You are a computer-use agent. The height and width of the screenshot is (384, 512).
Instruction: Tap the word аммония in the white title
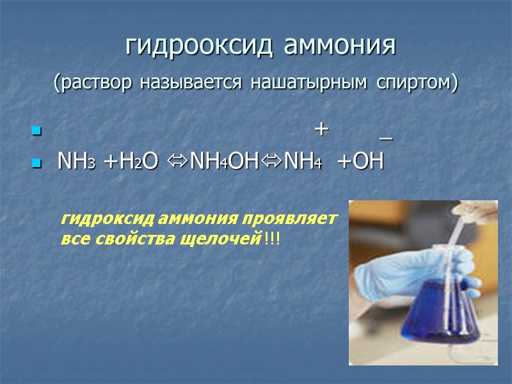(x=339, y=46)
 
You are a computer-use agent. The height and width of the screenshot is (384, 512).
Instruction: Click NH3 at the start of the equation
(x=76, y=163)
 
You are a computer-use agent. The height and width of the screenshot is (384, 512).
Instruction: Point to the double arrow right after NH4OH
(x=272, y=163)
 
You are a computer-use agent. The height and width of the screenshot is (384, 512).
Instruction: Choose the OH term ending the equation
(x=367, y=163)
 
